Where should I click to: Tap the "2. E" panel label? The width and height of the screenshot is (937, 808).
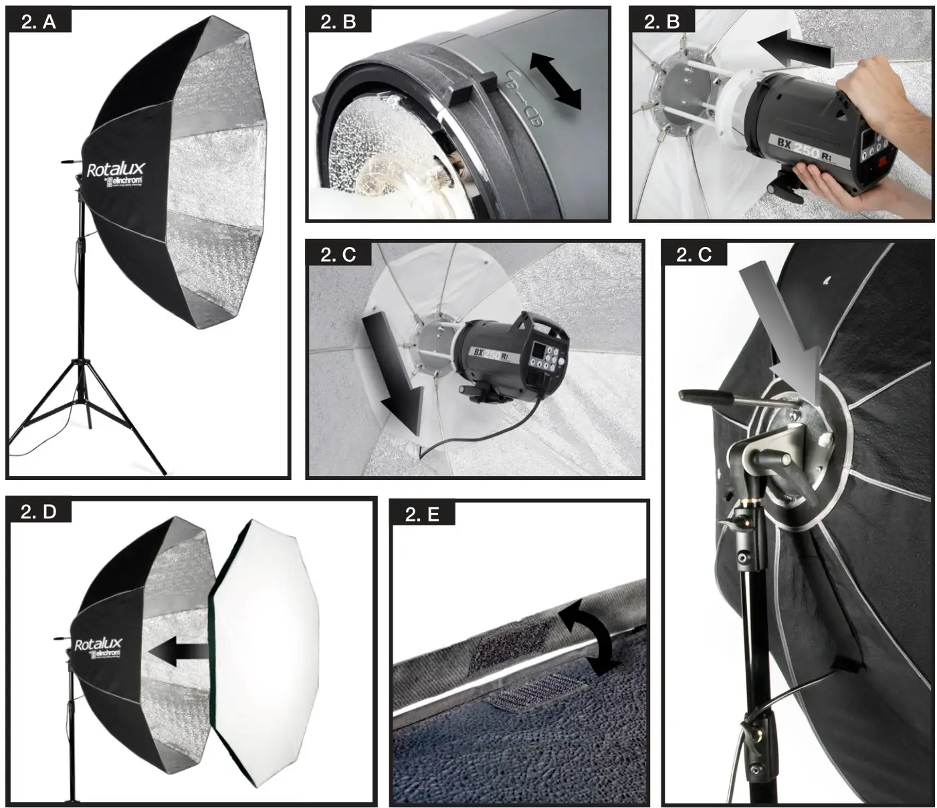pos(423,513)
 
